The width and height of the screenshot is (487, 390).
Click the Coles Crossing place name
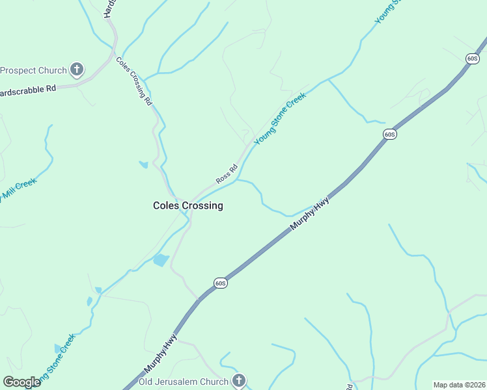188,205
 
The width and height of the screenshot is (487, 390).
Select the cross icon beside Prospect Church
77,69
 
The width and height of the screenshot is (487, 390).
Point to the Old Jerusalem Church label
183,382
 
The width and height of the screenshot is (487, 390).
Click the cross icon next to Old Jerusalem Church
239,380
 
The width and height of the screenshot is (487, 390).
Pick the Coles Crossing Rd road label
133,81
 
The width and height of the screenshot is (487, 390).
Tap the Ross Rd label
227,173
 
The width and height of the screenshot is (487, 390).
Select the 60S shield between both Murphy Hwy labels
220,283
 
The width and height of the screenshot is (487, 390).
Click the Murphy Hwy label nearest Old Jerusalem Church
161,352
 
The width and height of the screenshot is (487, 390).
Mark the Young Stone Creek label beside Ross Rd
280,118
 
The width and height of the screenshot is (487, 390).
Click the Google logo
21,382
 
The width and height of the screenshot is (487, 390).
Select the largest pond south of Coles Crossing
160,261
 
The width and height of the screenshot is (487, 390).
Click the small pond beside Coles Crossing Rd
143,164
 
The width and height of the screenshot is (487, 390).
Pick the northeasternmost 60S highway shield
473,58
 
